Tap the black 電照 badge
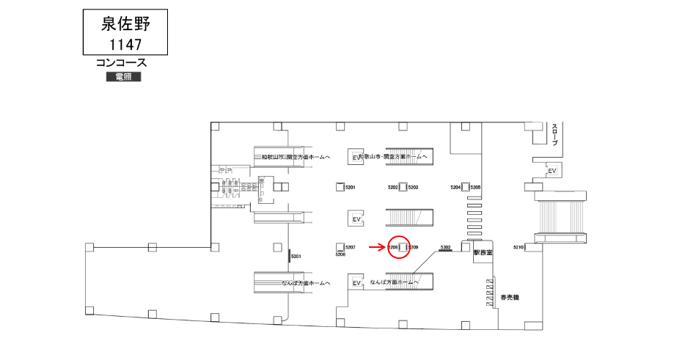(x=123, y=77)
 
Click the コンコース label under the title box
(x=122, y=64)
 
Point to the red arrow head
(x=385, y=247)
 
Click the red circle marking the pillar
(x=399, y=247)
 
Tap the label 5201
(x=350, y=188)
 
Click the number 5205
(x=475, y=188)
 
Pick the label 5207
(x=350, y=247)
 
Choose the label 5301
(x=296, y=256)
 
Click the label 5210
(x=519, y=247)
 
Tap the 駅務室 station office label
(x=483, y=252)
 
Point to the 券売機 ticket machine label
(x=510, y=297)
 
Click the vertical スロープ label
(x=554, y=134)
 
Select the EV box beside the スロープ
(x=552, y=171)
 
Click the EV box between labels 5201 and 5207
(x=357, y=218)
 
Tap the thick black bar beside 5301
(x=289, y=254)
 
